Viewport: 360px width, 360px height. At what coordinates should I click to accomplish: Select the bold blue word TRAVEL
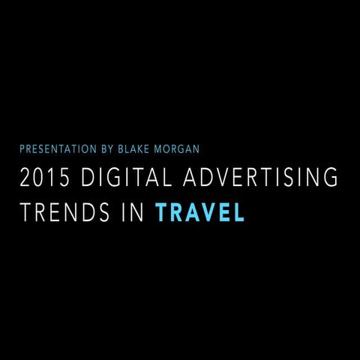coord(199,213)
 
